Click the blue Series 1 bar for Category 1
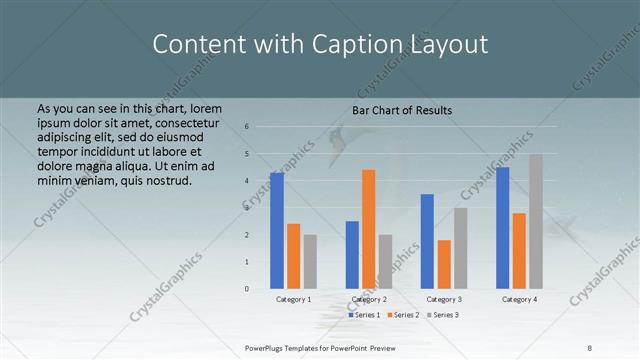click(277, 231)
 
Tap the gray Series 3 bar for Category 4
click(536, 221)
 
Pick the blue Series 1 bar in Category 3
click(427, 241)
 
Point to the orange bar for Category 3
click(444, 264)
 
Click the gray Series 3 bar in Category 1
click(310, 262)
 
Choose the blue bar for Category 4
click(503, 228)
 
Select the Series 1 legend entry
click(365, 315)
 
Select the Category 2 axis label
click(369, 299)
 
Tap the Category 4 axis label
click(519, 299)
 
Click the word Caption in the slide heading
click(349, 44)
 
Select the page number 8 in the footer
click(589, 346)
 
